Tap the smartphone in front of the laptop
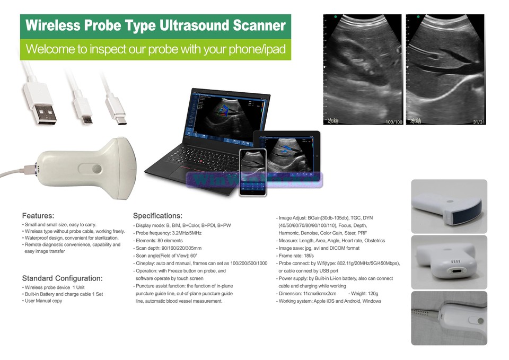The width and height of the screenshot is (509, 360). coord(252,172)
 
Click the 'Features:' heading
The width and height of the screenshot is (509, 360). coord(38,216)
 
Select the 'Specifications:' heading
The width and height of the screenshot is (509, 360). coord(157,216)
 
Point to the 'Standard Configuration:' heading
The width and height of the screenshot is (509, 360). coord(62,278)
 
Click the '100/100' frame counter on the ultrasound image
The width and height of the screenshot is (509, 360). coord(394,122)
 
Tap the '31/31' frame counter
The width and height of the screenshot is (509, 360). coord(478,122)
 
